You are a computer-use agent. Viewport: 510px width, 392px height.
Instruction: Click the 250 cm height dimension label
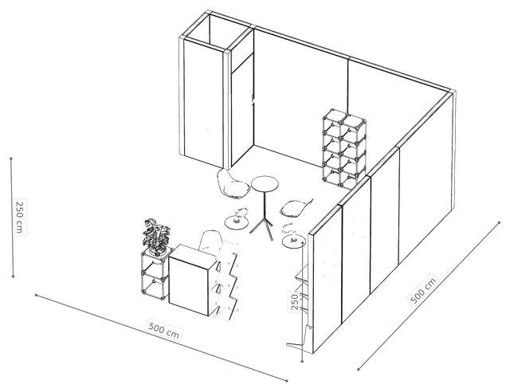click(20, 217)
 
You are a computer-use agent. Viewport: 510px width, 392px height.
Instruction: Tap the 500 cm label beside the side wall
click(423, 291)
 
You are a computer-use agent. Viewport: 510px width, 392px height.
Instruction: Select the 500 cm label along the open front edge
click(163, 330)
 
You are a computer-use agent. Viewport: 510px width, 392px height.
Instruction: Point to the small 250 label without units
click(295, 301)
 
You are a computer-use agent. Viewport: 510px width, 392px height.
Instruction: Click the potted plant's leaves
click(155, 235)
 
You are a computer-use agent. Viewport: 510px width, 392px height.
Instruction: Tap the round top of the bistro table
click(265, 184)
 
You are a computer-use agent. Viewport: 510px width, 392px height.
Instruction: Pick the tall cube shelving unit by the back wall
click(344, 149)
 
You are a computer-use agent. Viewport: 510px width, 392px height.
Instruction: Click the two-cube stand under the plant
click(155, 274)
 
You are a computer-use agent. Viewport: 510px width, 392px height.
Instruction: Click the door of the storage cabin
click(242, 111)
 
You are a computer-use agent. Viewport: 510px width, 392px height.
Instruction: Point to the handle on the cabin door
click(253, 98)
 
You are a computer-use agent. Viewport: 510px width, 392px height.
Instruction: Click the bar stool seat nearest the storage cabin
click(233, 185)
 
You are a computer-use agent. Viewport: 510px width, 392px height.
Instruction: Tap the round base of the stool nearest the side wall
click(293, 241)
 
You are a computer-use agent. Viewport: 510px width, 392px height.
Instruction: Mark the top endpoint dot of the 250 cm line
click(11, 159)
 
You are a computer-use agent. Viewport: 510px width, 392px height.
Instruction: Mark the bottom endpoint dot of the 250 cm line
click(13, 276)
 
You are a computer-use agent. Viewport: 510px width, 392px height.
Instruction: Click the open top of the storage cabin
click(216, 30)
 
